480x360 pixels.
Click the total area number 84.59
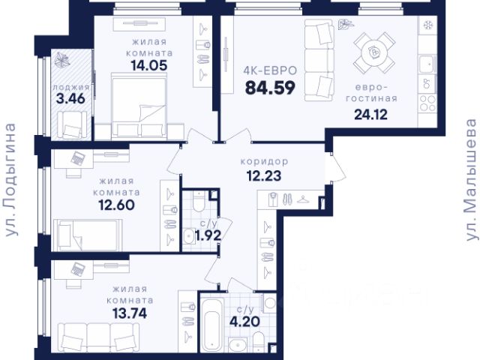270,88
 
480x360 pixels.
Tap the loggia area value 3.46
70,99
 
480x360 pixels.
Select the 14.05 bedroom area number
149,65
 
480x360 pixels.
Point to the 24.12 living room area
370,115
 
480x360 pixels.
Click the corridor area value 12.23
264,176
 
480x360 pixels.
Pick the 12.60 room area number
117,205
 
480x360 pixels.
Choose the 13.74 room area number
130,313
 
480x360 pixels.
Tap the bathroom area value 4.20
245,322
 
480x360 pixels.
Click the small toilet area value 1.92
208,235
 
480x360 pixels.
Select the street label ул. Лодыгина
10,180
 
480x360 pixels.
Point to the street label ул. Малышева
471,180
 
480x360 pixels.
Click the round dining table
373,52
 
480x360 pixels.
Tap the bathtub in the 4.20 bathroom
211,325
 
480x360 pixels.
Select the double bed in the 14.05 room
139,106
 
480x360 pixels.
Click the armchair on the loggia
72,125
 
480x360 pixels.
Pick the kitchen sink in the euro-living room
427,64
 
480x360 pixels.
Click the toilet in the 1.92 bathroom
199,202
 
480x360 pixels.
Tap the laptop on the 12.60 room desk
78,158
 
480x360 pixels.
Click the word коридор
264,161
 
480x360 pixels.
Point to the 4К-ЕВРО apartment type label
270,70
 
